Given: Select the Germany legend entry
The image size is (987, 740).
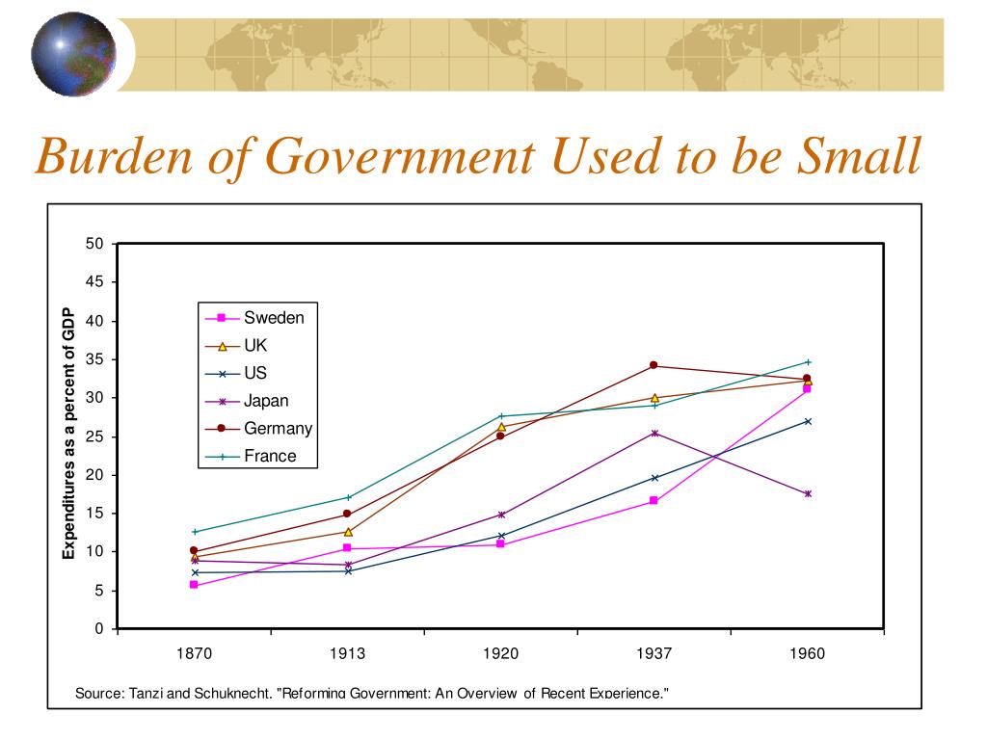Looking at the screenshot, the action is coord(258,429).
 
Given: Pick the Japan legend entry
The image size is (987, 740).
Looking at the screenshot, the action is coord(248,401).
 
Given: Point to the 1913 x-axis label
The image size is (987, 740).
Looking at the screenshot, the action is coord(347,654).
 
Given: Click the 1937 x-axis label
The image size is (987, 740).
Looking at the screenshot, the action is coord(654,654).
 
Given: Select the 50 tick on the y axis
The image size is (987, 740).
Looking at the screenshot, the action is coord(94,244).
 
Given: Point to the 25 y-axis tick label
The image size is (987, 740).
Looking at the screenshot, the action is coord(94,436).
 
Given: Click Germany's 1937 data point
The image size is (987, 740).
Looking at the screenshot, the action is coord(654,365).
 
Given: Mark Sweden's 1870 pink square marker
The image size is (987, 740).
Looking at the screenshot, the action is coord(194,585).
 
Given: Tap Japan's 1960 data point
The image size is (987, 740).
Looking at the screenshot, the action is coord(808,494).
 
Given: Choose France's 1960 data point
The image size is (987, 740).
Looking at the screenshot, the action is coord(808,362).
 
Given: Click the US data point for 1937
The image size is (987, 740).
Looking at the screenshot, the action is coord(654,478).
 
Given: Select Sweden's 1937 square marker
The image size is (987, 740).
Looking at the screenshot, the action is coord(654,501).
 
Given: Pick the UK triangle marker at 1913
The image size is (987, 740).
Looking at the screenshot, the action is coord(348,532).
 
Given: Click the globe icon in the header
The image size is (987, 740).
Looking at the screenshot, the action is coord(73,54).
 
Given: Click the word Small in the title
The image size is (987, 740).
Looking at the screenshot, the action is coord(859,155).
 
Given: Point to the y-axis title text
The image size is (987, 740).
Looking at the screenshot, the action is coord(68,434).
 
